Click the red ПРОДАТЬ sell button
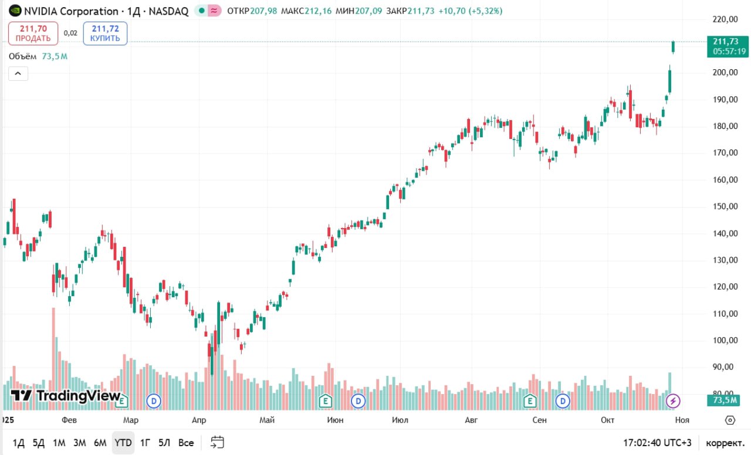tap(33, 33)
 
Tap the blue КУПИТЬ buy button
tap(105, 33)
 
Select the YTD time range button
tap(123, 443)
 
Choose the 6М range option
tap(100, 443)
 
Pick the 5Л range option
tap(165, 443)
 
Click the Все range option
tap(186, 443)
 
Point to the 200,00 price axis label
tap(725, 73)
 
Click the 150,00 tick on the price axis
tap(725, 206)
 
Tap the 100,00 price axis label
tap(725, 340)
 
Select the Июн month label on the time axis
tap(336, 420)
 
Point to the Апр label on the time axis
tap(199, 420)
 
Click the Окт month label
tap(607, 420)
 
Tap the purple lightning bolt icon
tap(674, 401)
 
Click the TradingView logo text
tap(66, 396)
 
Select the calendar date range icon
tap(217, 442)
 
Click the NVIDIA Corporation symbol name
tap(71, 11)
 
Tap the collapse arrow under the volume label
tap(18, 73)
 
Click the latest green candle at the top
tap(674, 47)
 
